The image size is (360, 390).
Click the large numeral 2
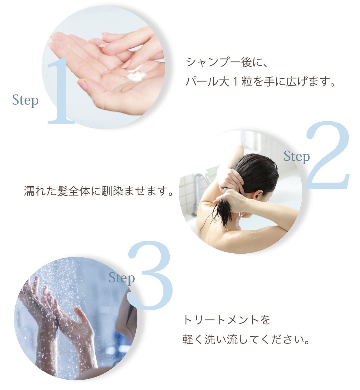[328, 155]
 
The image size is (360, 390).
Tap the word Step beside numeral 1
[25, 101]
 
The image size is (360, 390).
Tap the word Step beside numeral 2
[296, 157]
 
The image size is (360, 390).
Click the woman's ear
[258, 195]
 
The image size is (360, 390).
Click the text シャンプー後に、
[227, 62]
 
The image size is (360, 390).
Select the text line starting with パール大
[260, 81]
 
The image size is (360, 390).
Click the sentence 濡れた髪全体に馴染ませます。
[99, 191]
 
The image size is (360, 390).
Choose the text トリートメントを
[227, 320]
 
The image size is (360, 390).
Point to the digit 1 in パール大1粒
[235, 82]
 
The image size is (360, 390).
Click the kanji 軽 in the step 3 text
[188, 339]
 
